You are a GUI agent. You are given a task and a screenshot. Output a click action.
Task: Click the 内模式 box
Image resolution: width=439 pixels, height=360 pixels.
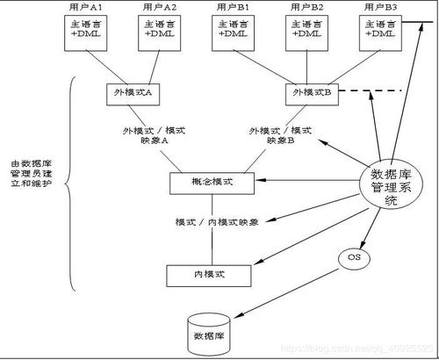coord(211,274)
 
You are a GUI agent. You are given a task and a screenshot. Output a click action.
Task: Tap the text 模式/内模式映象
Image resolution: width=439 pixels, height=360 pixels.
coord(217,222)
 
